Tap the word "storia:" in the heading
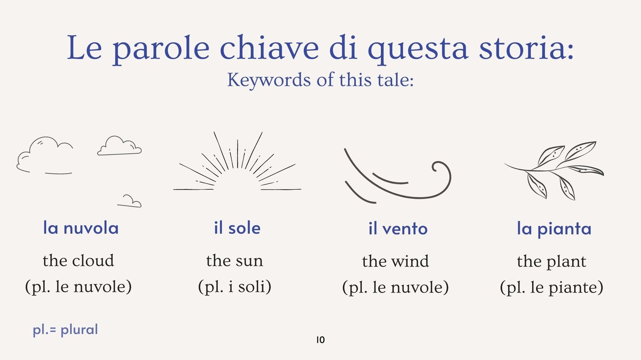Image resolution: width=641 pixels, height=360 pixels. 526,47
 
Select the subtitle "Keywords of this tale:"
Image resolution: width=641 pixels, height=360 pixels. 320,79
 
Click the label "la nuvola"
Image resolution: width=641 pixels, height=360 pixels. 81,228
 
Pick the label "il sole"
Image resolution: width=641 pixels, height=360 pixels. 237,228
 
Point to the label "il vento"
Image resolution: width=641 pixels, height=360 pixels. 398,228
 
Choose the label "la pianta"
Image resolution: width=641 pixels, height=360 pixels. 554,229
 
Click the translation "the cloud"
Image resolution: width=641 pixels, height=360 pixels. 78,260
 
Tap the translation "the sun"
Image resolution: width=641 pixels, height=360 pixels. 234,261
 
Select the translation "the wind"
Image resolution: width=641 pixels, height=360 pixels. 395,261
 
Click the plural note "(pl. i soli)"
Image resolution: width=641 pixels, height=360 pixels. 235,287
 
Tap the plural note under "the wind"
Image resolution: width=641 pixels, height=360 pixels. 395,287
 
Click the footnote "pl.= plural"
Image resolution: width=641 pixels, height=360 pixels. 65,330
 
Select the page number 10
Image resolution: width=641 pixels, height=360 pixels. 320,340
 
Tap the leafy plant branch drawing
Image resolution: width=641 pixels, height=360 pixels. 554,171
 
